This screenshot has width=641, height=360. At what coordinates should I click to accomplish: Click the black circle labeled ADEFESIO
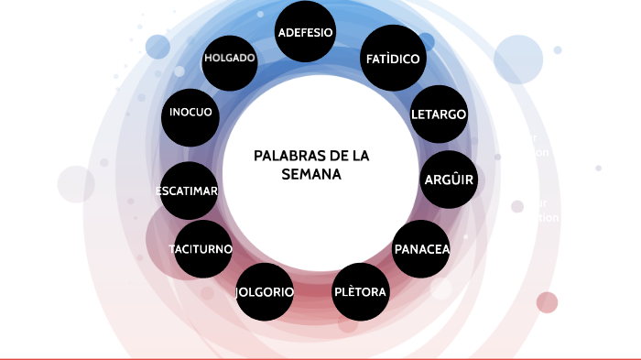(305, 33)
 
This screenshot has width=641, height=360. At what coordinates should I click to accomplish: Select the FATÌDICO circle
(393, 59)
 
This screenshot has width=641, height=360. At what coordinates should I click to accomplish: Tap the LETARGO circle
(439, 115)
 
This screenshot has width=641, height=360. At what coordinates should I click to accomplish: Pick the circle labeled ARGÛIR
(449, 179)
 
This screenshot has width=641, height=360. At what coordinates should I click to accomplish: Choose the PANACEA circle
(421, 249)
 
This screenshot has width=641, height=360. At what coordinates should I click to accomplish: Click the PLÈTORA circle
(360, 292)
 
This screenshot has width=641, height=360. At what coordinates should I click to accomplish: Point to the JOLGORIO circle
(265, 292)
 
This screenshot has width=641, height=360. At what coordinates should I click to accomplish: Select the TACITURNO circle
(202, 249)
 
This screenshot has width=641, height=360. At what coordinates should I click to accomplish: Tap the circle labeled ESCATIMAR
(188, 191)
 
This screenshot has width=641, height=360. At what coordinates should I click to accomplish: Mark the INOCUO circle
(191, 113)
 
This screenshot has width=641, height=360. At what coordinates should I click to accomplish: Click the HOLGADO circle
(229, 58)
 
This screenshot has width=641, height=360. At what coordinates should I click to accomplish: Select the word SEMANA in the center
(311, 174)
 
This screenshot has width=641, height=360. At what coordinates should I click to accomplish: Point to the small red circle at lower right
(548, 302)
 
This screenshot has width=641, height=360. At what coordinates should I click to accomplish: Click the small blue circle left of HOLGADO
(158, 47)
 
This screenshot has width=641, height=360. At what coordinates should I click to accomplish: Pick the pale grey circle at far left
(76, 184)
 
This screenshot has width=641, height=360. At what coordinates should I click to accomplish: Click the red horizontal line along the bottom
(320, 358)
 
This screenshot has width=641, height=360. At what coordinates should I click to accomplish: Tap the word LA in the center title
(360, 156)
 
